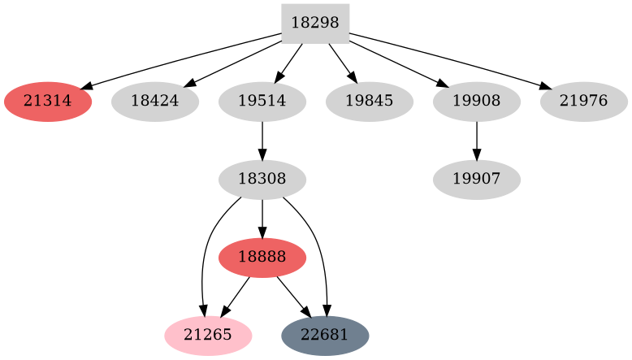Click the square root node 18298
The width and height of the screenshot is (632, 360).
point(315,24)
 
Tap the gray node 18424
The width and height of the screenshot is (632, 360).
point(155,102)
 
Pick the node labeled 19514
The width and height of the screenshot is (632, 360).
point(262,102)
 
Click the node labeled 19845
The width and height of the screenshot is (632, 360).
point(370,102)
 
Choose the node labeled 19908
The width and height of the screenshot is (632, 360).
point(477,102)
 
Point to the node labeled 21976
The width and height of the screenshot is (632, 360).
point(584,102)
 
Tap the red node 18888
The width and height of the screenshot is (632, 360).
point(262,258)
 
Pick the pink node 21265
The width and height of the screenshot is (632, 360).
point(208,335)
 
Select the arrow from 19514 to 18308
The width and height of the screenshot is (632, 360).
point(262,141)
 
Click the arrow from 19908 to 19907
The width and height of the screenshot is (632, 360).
point(477,141)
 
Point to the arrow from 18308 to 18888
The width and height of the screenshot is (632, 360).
point(262,219)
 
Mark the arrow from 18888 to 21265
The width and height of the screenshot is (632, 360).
point(236,296)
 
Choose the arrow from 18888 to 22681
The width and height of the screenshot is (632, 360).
point(293,296)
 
